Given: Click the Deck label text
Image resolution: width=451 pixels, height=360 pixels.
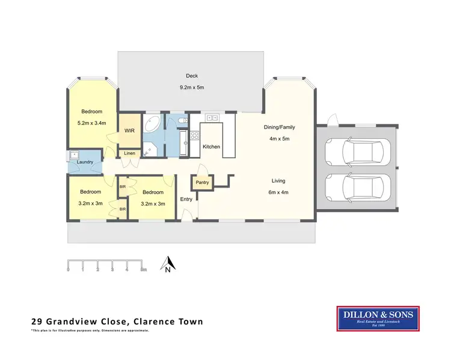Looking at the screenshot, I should pos(192,76).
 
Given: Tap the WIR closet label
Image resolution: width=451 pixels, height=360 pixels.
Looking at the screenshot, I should pos(129,130).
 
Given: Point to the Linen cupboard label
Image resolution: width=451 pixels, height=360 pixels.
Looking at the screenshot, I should pos(130,153).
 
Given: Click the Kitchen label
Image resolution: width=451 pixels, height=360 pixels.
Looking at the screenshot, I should pos(211,147).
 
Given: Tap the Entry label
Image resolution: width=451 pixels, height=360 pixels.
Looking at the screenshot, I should pos(186,199).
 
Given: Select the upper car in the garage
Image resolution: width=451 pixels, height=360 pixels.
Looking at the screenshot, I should pos(357,153).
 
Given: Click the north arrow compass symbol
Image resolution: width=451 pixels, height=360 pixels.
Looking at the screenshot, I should pos(168,263).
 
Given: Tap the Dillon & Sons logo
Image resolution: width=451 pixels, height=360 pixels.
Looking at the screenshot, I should pos(377,319).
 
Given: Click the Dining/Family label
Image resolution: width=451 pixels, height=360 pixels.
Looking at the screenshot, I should pos(280,127).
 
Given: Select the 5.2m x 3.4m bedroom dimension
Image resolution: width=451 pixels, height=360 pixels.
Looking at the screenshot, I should pos(92,123).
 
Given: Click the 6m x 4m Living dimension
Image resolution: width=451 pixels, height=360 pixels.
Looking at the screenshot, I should pos(278,192).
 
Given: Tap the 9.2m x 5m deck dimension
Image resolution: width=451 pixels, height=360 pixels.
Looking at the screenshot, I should pos(192,88).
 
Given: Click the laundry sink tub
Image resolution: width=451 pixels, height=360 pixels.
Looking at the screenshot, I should pos(75,154).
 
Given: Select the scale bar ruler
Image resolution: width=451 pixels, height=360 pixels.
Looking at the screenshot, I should pos(106,264).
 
